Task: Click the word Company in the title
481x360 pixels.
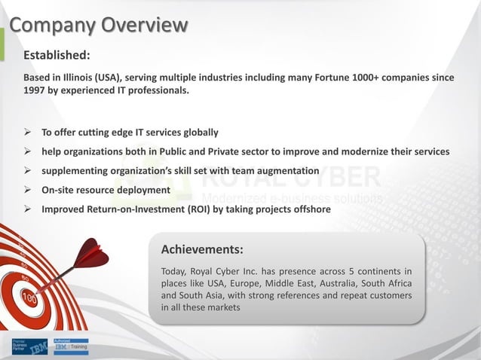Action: coord(52,26)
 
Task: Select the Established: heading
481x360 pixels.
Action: coord(57,55)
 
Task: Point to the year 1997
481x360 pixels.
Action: coord(36,91)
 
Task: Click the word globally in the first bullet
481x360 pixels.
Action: coord(198,133)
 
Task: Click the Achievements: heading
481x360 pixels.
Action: coord(202,249)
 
